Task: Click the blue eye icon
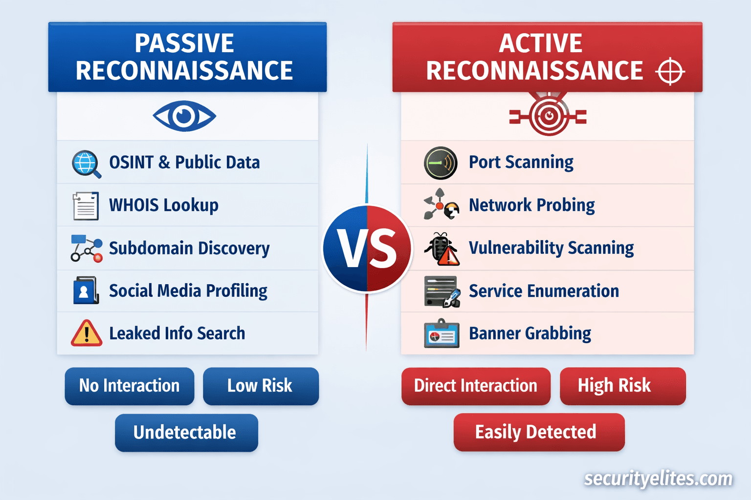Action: [184, 116]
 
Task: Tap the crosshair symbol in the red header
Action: [670, 71]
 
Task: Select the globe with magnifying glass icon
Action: [86, 164]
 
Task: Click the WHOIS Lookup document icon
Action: [86, 206]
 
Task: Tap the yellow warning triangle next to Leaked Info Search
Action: [87, 333]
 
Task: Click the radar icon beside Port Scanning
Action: [441, 163]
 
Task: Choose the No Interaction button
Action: [130, 386]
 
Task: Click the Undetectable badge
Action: [186, 433]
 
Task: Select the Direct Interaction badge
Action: [476, 386]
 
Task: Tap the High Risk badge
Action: [623, 386]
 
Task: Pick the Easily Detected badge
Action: [539, 432]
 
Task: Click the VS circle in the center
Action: [367, 249]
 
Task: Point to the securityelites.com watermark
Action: [658, 479]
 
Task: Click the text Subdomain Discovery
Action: [189, 249]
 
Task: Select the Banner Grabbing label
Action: [530, 333]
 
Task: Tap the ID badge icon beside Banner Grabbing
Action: [442, 333]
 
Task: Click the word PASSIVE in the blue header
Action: [184, 43]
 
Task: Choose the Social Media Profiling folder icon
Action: [86, 291]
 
